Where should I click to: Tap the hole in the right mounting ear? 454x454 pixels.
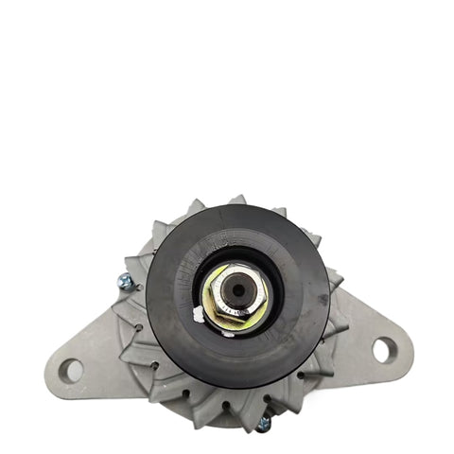[382, 349]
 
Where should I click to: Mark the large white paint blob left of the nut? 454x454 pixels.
[198, 314]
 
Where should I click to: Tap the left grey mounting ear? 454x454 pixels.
[90, 359]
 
